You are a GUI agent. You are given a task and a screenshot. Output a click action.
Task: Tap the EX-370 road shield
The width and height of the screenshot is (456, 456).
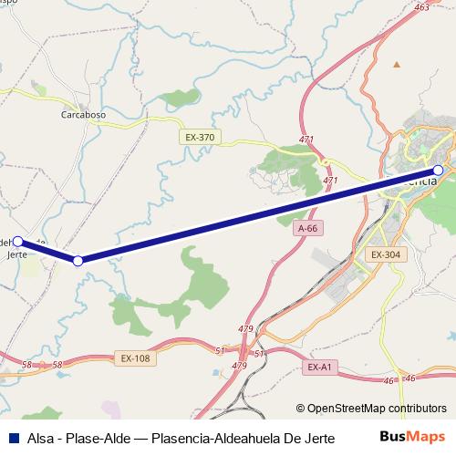(199, 137)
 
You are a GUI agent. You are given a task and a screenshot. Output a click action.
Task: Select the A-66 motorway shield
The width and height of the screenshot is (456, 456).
(306, 231)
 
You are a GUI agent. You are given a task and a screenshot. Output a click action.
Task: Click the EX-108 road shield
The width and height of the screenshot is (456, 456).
(136, 359)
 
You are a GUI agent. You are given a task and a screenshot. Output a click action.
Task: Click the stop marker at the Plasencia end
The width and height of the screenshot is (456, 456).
(439, 171)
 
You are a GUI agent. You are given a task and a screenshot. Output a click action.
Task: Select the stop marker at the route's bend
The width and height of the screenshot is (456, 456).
(78, 261)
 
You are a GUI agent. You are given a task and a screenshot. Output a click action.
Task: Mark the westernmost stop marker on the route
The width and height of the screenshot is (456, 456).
(17, 242)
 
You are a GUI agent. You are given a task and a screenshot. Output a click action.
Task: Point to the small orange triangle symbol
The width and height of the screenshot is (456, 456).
(397, 65)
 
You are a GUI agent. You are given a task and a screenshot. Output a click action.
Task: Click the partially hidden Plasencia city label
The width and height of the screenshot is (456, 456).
(419, 181)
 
